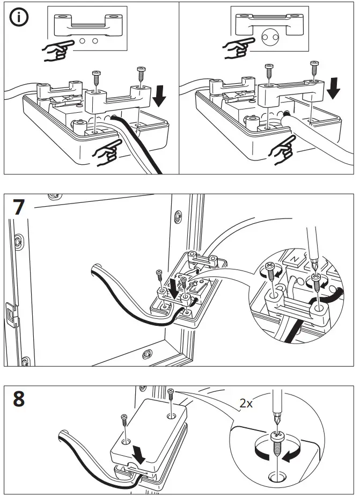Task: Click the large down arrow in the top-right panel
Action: tap(334, 87)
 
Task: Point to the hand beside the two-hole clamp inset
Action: tap(58, 49)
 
